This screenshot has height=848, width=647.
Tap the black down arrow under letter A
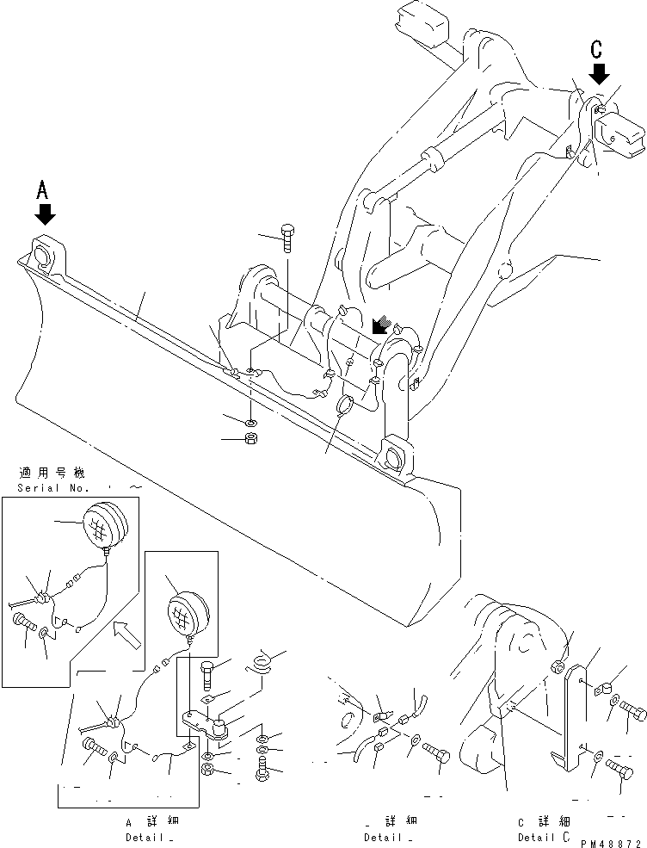pyautogui.click(x=46, y=213)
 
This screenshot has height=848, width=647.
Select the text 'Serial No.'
pyautogui.click(x=51, y=488)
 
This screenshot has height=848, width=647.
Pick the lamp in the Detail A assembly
pyautogui.click(x=187, y=612)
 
